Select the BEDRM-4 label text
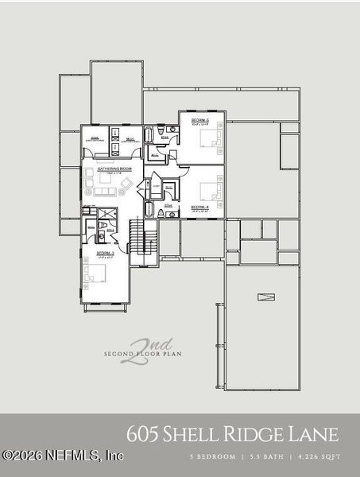[199, 207]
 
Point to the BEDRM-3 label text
[106, 254]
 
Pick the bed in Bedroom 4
[208, 192]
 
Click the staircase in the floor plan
[142, 236]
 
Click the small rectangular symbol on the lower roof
[265, 297]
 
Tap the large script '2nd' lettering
[137, 349]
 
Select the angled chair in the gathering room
[125, 184]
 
